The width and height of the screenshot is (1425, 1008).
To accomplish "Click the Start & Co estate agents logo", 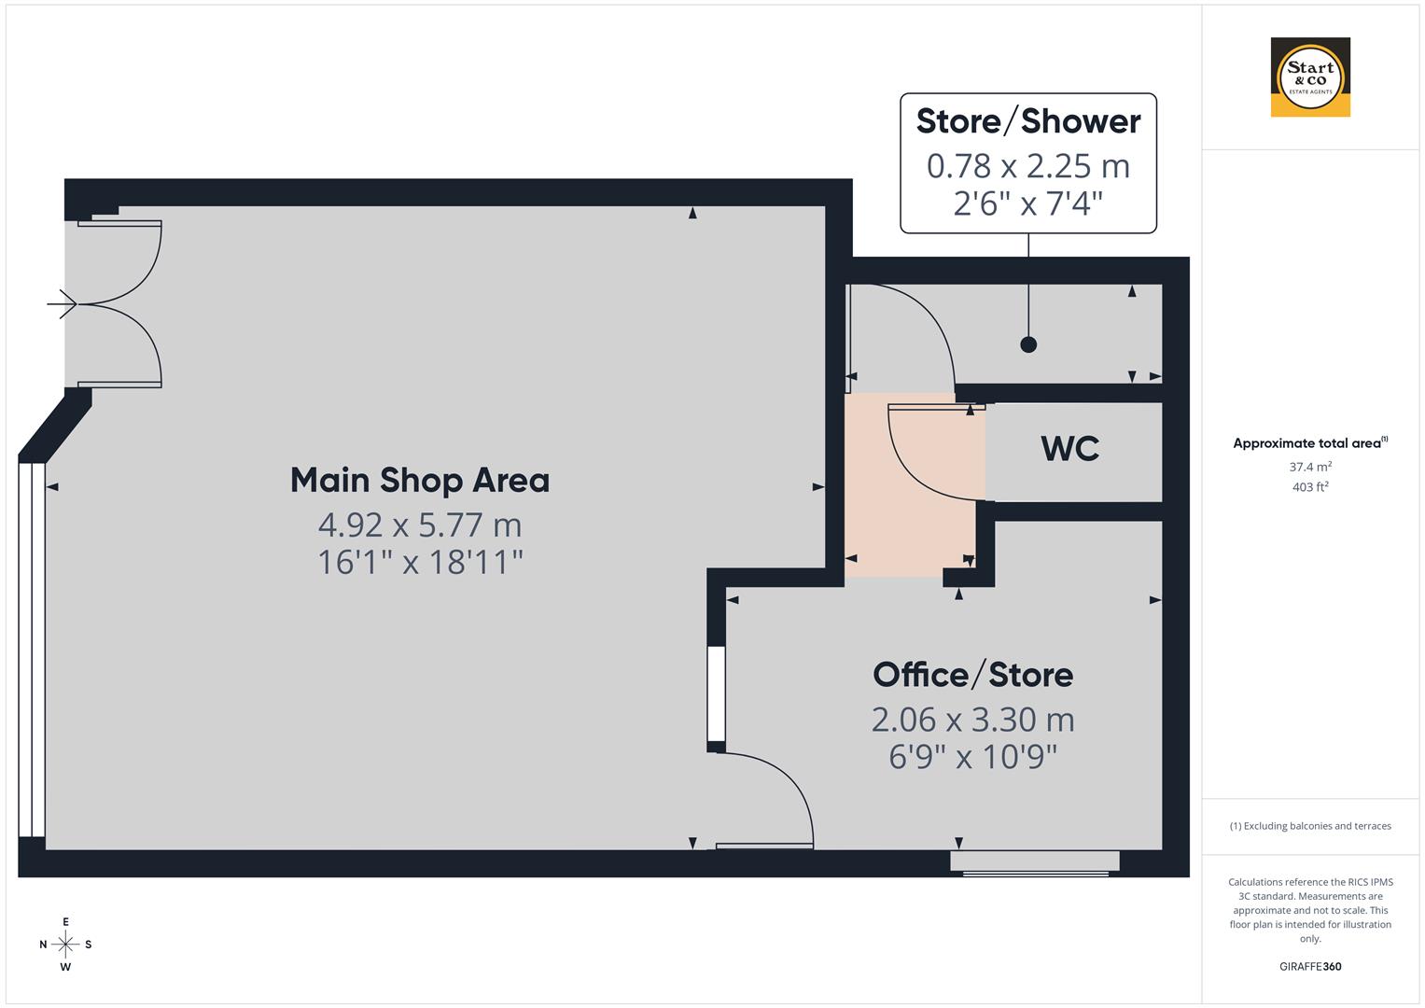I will click(x=1310, y=77).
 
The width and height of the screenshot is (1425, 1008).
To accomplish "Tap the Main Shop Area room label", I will click(x=420, y=481).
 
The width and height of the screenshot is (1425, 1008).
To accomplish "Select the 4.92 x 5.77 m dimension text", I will click(x=420, y=525).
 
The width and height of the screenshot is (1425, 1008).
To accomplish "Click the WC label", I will click(x=1070, y=449).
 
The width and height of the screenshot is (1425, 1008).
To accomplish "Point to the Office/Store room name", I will click(x=972, y=675).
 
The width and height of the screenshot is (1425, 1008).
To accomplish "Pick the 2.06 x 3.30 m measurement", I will click(x=972, y=720).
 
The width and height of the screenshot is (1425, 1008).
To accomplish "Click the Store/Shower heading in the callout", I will click(x=1028, y=121).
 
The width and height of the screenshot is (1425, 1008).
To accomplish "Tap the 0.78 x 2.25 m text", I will click(x=1028, y=166).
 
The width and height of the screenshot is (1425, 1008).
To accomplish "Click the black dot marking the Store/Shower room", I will click(x=1028, y=344).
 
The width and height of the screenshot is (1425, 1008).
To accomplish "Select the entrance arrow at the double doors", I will click(x=63, y=303).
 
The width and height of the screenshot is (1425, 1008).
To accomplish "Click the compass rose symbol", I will click(x=65, y=945).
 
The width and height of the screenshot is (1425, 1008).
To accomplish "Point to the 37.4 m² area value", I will click(x=1310, y=467).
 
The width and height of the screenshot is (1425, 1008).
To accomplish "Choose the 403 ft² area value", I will click(x=1310, y=487).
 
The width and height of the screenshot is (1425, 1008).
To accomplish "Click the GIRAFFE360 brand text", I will click(x=1310, y=967).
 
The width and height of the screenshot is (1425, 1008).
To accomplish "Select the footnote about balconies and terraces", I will click(x=1310, y=826).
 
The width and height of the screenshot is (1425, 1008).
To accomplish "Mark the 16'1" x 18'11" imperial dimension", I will click(x=420, y=563).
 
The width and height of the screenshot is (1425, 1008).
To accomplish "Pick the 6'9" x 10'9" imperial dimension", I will click(x=972, y=757).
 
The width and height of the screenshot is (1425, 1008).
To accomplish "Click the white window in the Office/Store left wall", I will click(x=716, y=693).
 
